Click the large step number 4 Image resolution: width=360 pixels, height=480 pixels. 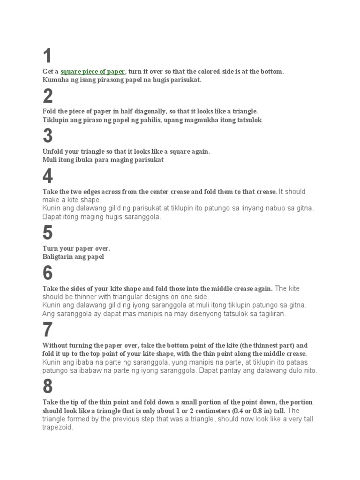coord(47,177)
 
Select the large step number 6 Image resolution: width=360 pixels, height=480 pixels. coord(47,273)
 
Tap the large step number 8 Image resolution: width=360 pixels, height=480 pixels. coord(47,387)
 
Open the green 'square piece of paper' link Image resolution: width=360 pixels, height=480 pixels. coord(93,72)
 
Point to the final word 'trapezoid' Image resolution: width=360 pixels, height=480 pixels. coord(58,427)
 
